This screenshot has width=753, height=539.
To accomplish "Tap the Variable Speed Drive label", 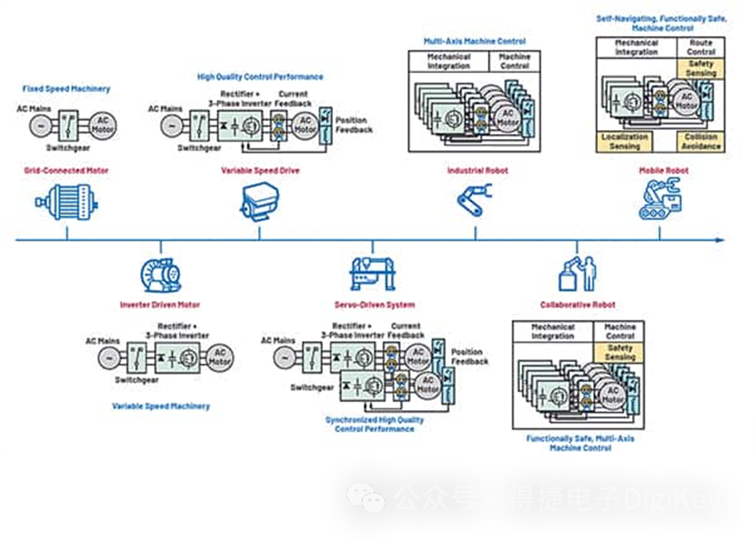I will [260, 170].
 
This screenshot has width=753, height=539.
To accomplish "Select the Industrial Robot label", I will [478, 170].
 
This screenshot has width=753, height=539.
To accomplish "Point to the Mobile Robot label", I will [663, 170].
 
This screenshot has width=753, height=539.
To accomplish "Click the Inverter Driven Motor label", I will [160, 304].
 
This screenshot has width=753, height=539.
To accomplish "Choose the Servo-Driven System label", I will [375, 304].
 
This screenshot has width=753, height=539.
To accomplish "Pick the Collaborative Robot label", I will [577, 304].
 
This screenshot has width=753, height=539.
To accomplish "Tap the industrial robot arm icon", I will [475, 198].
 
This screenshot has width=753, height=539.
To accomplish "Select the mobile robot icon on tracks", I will [659, 199].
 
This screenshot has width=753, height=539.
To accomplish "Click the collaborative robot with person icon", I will [577, 273].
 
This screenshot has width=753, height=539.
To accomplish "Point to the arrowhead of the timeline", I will [720, 239].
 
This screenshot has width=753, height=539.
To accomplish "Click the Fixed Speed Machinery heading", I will [67, 88].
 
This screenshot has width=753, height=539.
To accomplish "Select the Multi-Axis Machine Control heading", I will [474, 41].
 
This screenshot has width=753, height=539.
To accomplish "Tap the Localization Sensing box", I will [625, 142].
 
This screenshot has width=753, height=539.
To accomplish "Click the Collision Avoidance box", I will [701, 142].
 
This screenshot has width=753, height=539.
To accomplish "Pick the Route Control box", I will [701, 47].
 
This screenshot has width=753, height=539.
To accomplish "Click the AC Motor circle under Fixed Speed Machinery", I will [102, 124].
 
